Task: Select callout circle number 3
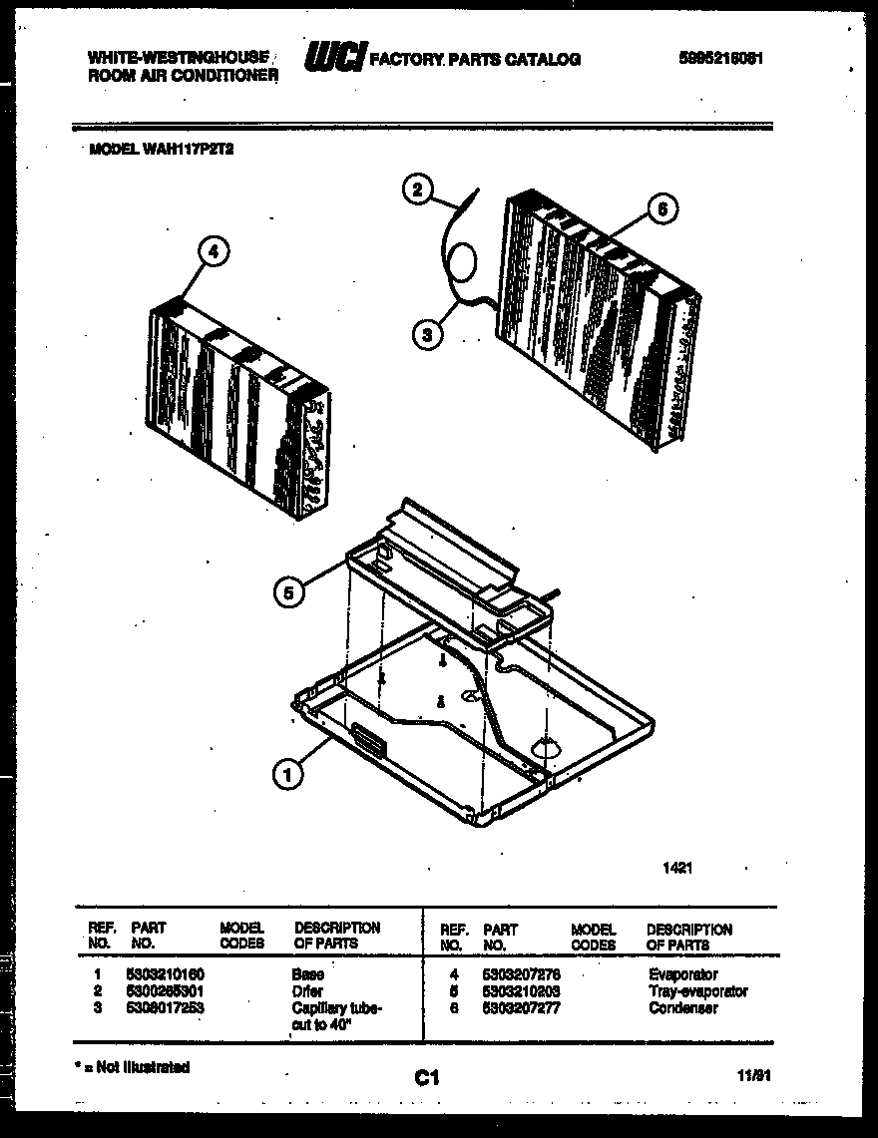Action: point(428,335)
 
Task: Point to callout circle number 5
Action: point(289,593)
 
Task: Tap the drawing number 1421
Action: point(677,868)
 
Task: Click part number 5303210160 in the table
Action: point(167,974)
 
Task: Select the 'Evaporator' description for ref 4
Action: point(682,974)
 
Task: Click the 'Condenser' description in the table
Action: point(682,1008)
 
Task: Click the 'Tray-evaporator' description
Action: point(696,991)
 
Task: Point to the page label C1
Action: point(427,1076)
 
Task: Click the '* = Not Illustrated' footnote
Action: point(133,1067)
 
